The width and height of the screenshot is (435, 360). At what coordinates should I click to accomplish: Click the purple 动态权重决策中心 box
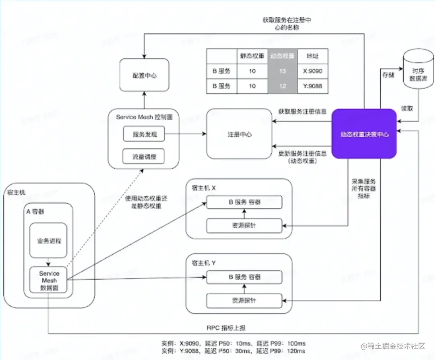coord(364,134)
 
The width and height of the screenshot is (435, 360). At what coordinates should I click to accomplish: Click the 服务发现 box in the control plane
coord(144,135)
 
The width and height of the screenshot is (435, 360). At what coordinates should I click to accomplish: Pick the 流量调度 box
coord(144,156)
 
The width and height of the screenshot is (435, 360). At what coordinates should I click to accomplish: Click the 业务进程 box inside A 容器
coord(48,240)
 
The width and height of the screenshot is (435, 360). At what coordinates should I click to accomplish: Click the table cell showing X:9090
coord(312,71)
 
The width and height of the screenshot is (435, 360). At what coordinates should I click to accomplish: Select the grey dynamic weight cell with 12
coord(282,86)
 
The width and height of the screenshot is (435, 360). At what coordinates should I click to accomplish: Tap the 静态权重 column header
coord(252,56)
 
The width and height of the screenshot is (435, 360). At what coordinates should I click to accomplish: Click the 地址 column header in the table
coord(312,56)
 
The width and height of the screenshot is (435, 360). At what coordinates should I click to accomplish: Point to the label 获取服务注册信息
coord(302,111)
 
